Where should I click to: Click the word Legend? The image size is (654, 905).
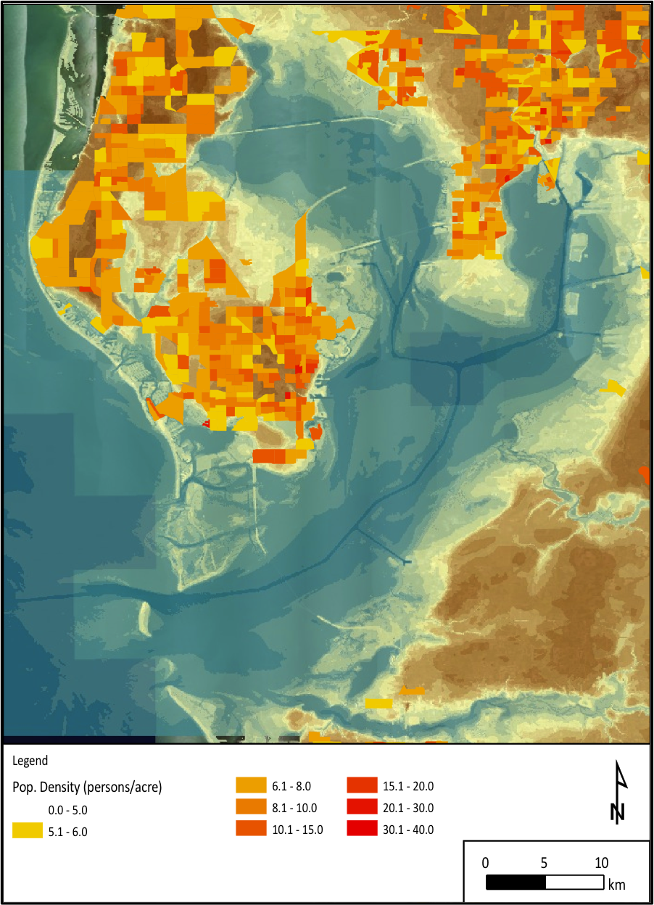tap(30, 761)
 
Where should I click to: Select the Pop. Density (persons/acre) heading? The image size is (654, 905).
tap(87, 787)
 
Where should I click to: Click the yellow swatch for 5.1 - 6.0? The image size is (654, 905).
tap(28, 831)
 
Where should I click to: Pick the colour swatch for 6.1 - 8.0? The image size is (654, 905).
tap(251, 785)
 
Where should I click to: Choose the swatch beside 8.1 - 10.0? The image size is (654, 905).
tap(251, 807)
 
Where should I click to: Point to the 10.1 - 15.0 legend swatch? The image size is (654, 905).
tap(251, 829)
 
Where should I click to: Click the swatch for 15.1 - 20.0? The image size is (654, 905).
tap(362, 785)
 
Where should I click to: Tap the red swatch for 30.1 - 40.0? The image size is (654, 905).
tap(362, 829)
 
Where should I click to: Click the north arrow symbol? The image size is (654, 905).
tap(618, 792)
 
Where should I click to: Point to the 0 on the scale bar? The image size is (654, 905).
tap(486, 863)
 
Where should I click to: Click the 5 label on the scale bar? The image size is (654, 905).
tap(544, 863)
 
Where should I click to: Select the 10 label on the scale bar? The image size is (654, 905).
tap(601, 863)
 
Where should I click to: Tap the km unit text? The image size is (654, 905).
tap(616, 884)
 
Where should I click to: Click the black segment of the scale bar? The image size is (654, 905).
tap(516, 883)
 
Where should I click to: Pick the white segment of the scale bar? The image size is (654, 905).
tap(574, 883)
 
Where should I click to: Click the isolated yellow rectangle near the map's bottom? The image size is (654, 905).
tap(378, 703)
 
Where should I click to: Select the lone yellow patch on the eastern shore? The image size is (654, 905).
tap(613, 388)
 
